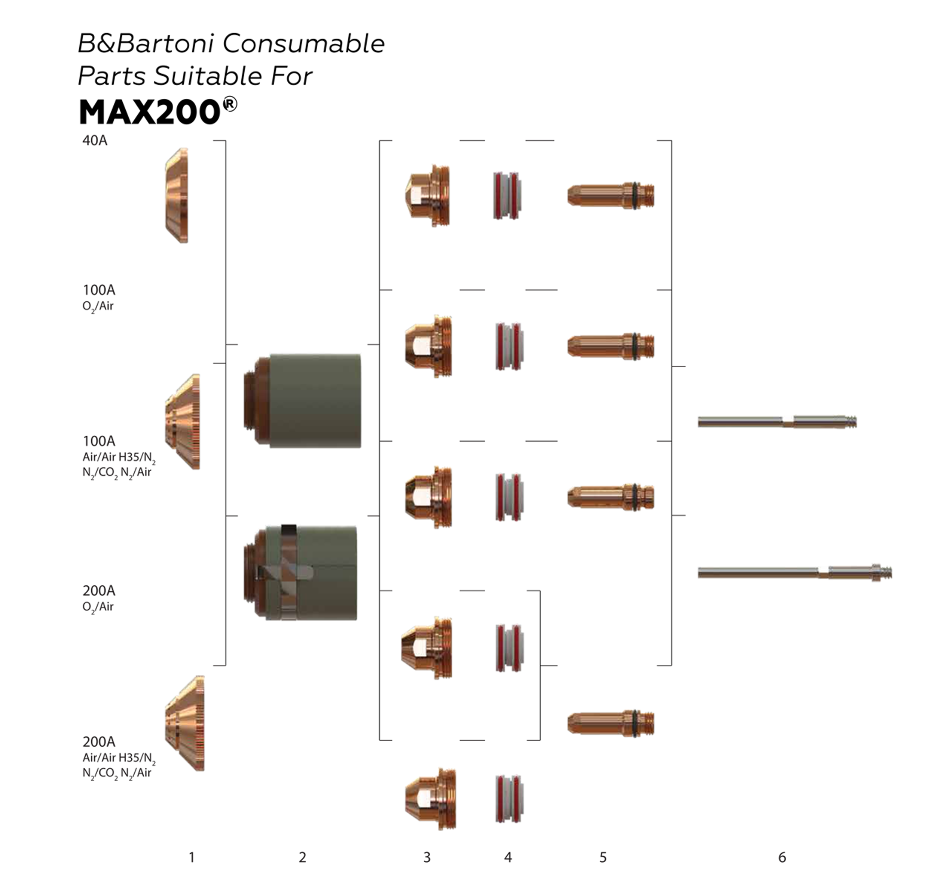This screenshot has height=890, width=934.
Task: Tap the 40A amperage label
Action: click(95, 140)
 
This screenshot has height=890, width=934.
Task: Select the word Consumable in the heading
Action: click(303, 44)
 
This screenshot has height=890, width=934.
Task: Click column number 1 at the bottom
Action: click(192, 857)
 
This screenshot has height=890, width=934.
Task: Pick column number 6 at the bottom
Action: click(782, 857)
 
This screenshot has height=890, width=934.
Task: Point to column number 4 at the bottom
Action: click(508, 857)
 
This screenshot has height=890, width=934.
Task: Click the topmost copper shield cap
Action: click(177, 195)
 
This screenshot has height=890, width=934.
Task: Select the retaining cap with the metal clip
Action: click(300, 573)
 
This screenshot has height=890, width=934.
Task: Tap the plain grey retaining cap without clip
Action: click(302, 401)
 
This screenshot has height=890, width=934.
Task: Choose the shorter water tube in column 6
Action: click(777, 421)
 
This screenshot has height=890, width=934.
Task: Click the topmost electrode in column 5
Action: click(611, 195)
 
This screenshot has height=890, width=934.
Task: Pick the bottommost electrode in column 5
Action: click(611, 723)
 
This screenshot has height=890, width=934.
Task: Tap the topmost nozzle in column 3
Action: click(427, 195)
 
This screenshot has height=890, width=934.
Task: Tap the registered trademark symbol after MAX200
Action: click(230, 104)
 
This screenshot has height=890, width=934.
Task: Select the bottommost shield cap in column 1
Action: click(185, 723)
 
